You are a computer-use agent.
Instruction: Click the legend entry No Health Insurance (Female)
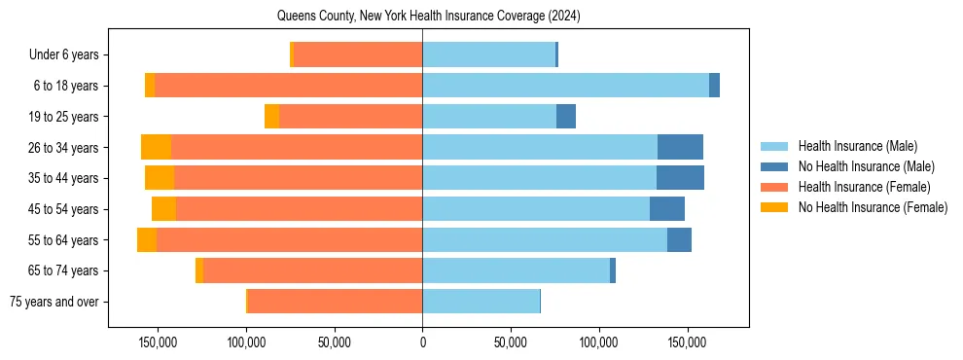[x=872, y=207]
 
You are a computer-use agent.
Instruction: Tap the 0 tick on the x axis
[x=422, y=343]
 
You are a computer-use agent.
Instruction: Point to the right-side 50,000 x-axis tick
[x=511, y=343]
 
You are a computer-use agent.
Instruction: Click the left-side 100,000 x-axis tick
[x=246, y=343]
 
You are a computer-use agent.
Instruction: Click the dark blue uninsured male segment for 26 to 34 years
[x=680, y=147]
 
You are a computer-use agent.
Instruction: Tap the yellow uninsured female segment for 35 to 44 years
[x=160, y=178]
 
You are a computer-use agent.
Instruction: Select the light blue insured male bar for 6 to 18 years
[x=565, y=86]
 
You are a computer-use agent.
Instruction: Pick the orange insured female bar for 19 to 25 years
[x=350, y=117]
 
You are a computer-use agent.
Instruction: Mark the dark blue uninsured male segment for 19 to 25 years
[x=566, y=117]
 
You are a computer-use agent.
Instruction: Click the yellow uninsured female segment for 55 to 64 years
[x=147, y=240]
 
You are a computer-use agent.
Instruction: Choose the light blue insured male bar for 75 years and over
[x=481, y=302]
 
